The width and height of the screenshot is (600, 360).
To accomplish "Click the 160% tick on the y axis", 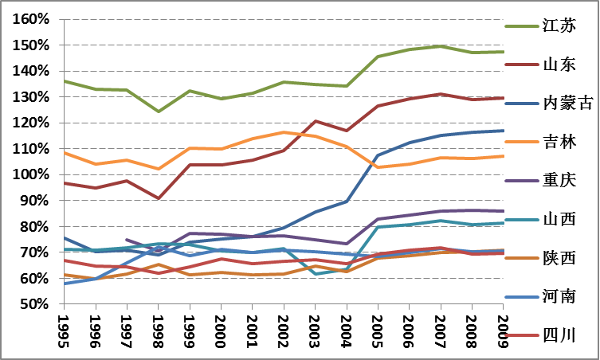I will pos(32,19).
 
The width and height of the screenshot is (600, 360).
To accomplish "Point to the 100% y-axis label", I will pos(32,174).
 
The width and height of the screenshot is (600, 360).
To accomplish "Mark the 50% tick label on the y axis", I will pos(35,304).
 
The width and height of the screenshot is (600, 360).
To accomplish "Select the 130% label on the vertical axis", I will pos(32,97).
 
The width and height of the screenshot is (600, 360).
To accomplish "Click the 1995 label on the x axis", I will pos(65,330).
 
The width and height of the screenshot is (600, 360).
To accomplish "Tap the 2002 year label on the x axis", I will pos(283,330).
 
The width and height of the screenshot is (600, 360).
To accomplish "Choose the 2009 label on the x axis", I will pos(502,330).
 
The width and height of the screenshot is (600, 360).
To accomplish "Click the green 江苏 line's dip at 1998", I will pos(158,112).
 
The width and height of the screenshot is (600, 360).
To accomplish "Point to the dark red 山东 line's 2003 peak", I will pos(314,121).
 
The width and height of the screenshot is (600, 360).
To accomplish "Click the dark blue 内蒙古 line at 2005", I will pos(377,155).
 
